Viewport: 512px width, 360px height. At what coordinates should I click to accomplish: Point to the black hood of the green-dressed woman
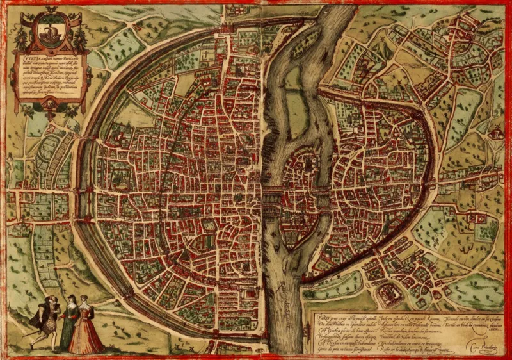click(67, 300)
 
